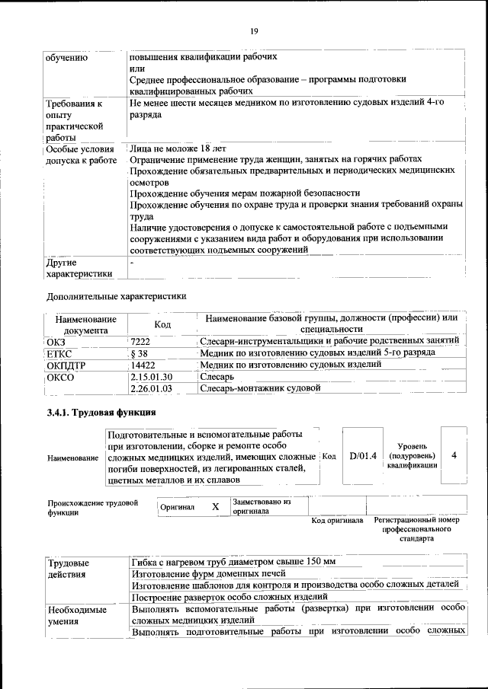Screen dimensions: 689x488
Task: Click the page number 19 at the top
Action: tap(254, 31)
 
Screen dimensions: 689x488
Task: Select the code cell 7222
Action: tap(140, 341)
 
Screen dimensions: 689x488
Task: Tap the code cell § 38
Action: tap(139, 352)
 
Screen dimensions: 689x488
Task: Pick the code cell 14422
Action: tap(143, 365)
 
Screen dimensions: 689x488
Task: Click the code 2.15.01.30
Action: tap(152, 376)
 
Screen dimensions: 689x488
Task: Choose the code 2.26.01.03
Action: tap(152, 388)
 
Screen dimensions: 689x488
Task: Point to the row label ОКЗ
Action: tap(56, 342)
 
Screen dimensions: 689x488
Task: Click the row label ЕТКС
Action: tap(59, 353)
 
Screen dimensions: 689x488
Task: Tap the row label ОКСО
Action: tap(60, 377)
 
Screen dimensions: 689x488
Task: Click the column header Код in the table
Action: tap(162, 324)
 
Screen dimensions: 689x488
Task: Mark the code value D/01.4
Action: tap(363, 455)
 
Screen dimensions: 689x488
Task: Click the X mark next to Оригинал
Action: tap(215, 506)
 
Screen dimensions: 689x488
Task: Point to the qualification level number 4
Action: tap(454, 455)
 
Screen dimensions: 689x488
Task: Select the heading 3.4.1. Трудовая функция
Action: tap(101, 413)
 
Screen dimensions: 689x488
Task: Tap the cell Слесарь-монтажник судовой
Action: tap(259, 388)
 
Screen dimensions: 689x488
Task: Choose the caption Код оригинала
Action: tap(337, 521)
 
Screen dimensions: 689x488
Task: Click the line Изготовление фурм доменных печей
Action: tap(208, 573)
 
